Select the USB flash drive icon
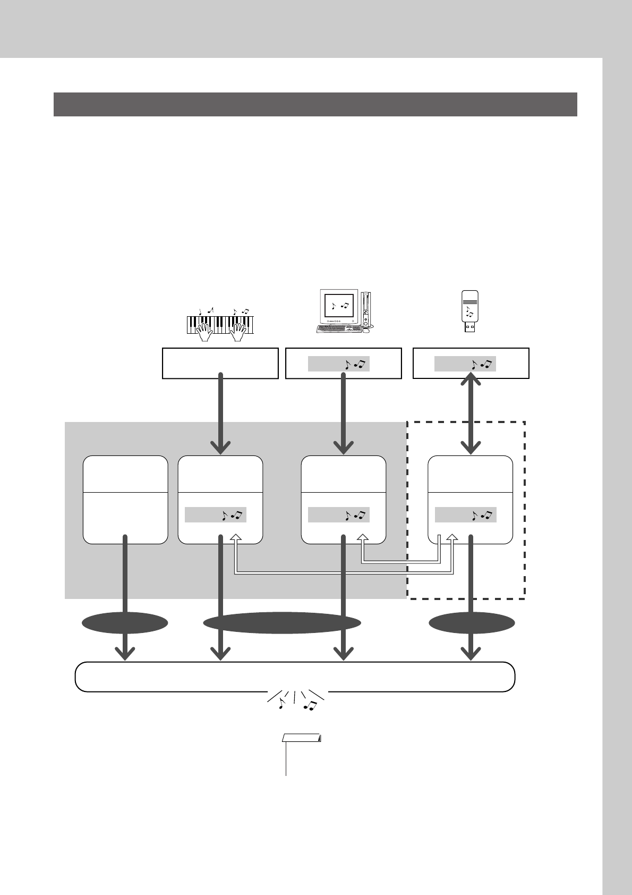[469, 312]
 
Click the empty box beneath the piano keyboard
[220, 363]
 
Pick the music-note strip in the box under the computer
[339, 364]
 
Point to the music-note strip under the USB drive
[465, 364]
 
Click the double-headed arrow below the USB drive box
[471, 413]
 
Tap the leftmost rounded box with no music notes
[125, 499]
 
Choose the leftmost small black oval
[124, 622]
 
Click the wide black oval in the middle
[282, 622]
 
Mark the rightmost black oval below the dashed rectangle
[472, 622]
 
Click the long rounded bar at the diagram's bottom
[295, 677]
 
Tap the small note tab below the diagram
[302, 738]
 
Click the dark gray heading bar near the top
[315, 104]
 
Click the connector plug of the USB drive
[469, 328]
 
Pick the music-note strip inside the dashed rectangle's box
[465, 514]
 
